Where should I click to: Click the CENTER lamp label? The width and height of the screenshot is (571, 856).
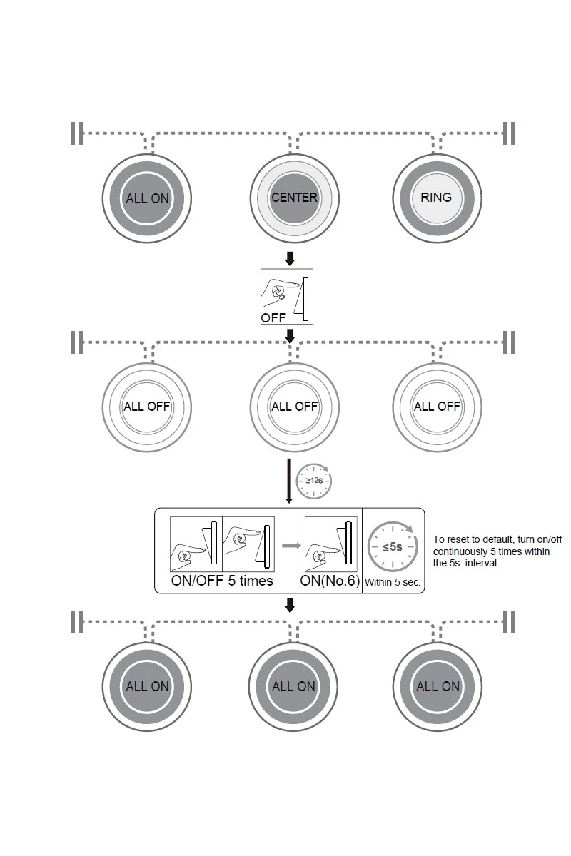click(294, 198)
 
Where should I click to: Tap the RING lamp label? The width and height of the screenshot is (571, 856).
click(436, 198)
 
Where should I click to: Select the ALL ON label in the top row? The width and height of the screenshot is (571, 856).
click(147, 199)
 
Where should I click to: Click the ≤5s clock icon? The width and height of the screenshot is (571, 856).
click(391, 547)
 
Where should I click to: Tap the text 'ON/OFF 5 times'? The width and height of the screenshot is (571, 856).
click(222, 581)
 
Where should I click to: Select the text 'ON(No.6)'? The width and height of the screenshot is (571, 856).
click(329, 581)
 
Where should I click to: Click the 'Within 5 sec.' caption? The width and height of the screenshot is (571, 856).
click(393, 582)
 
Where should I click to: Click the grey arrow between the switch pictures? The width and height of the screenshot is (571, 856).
click(289, 546)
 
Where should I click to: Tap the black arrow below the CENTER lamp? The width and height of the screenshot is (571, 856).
click(289, 257)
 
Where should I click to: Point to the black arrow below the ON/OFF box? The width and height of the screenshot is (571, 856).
click(289, 606)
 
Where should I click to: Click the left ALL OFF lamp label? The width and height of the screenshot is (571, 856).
click(146, 407)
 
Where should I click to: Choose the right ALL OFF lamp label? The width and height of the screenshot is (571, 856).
click(437, 407)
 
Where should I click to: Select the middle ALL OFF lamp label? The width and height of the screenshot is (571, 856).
click(294, 407)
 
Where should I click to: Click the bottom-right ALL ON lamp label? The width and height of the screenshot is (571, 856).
click(438, 686)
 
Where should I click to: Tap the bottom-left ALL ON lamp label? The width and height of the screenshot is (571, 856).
click(147, 686)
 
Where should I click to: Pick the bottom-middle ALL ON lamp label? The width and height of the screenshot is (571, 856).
click(293, 686)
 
